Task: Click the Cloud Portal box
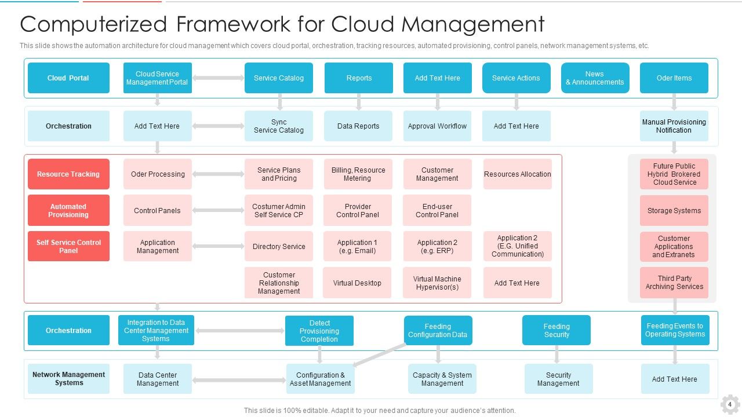68,78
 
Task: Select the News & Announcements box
595,78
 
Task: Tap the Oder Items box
674,78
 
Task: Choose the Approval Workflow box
437,126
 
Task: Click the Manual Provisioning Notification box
674,126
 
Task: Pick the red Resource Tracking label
68,174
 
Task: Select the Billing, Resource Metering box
358,174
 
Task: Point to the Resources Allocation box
517,174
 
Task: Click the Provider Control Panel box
358,211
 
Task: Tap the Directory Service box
279,247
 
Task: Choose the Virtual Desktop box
357,283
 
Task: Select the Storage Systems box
674,211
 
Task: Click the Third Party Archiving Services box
674,283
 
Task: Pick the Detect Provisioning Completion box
319,331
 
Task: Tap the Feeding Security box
556,331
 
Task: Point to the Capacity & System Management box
442,379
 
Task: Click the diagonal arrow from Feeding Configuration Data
380,354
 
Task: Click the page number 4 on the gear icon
730,404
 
